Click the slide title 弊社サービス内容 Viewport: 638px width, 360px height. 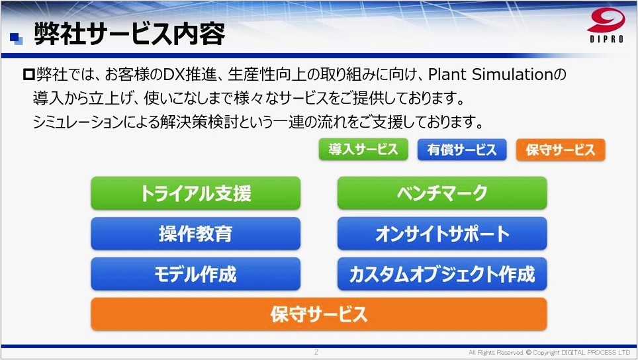point(129,34)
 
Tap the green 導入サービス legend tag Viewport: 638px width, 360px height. point(363,150)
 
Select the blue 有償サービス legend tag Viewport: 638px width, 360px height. point(461,150)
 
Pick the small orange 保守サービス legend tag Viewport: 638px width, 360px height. point(560,150)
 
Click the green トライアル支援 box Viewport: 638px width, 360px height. point(195,193)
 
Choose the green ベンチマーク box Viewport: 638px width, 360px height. point(442,193)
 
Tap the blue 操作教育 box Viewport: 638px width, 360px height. point(195,234)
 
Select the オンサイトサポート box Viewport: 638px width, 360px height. point(442,234)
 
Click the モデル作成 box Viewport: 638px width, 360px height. point(195,274)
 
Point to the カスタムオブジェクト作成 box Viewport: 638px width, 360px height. point(442,274)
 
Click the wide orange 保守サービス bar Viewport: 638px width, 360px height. point(318,314)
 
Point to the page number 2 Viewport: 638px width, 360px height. point(316,352)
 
